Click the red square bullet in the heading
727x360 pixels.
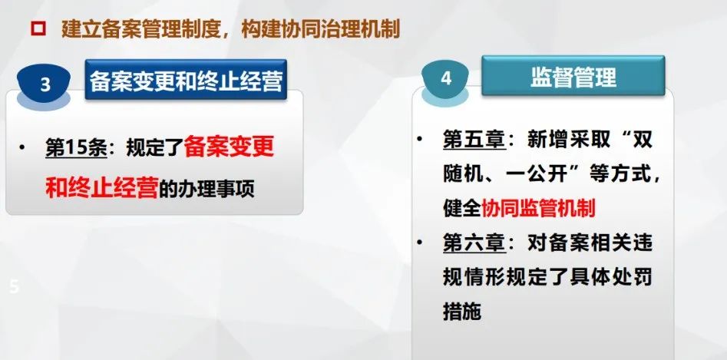(x=38, y=29)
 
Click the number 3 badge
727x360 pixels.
(x=45, y=85)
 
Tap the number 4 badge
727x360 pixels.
(x=445, y=78)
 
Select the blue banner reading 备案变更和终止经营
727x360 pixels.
(x=186, y=80)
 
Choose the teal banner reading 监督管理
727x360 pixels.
(x=573, y=76)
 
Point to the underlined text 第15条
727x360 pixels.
(x=77, y=148)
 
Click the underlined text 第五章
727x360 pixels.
(x=474, y=140)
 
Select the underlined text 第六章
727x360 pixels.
(x=474, y=244)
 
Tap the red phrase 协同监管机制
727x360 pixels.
(x=538, y=209)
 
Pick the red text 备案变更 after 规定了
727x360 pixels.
(x=229, y=148)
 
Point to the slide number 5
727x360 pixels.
(x=15, y=287)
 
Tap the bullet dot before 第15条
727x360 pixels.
(x=21, y=148)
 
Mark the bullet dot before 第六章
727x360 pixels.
(x=420, y=243)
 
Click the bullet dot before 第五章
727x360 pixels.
(x=420, y=138)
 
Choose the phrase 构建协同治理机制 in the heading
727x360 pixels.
(x=320, y=30)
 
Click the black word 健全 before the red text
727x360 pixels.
(x=462, y=209)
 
